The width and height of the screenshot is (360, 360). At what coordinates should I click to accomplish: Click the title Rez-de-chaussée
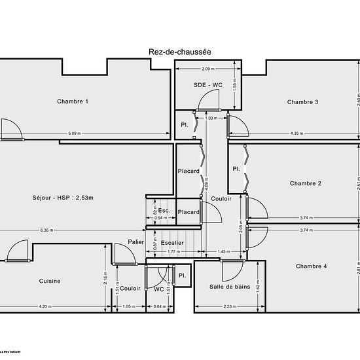[x=179, y=51]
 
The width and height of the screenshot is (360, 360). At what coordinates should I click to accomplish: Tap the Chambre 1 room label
[x=73, y=101]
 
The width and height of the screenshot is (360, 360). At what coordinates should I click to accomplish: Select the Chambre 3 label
[x=303, y=101]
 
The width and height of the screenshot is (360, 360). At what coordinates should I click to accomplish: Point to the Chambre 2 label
[x=305, y=184]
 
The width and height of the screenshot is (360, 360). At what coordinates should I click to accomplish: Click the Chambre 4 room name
[x=311, y=266]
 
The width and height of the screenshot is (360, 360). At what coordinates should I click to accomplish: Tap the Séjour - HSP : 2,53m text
[x=63, y=198]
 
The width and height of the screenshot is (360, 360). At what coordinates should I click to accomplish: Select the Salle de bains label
[x=230, y=287]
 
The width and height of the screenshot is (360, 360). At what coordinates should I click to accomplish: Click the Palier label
[x=135, y=242]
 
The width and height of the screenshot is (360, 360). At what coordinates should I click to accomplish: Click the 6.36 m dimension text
[x=46, y=230]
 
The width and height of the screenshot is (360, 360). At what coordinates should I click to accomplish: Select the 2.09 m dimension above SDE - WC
[x=207, y=69]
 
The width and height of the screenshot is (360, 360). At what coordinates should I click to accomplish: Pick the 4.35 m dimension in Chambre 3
[x=296, y=134]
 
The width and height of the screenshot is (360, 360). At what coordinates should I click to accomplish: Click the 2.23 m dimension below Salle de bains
[x=230, y=306]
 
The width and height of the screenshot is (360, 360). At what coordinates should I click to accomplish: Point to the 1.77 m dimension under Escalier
[x=173, y=251]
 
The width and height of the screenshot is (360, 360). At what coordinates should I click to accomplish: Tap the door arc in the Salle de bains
[x=233, y=270]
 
